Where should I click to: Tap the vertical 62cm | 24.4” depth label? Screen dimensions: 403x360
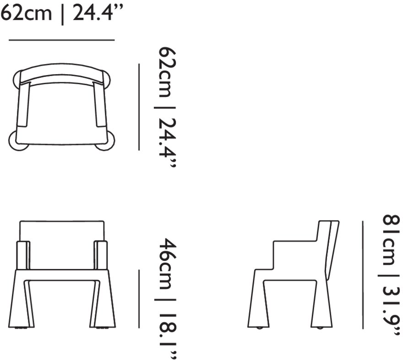click(x=167, y=107)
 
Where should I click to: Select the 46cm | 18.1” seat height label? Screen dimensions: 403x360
click(x=167, y=298)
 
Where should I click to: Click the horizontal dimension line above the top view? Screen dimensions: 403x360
click(x=62, y=40)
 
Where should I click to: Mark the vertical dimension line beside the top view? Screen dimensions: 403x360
click(x=139, y=107)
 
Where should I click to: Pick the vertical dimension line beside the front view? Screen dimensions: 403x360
click(x=139, y=299)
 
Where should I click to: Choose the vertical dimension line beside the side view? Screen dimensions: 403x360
click(x=363, y=275)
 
